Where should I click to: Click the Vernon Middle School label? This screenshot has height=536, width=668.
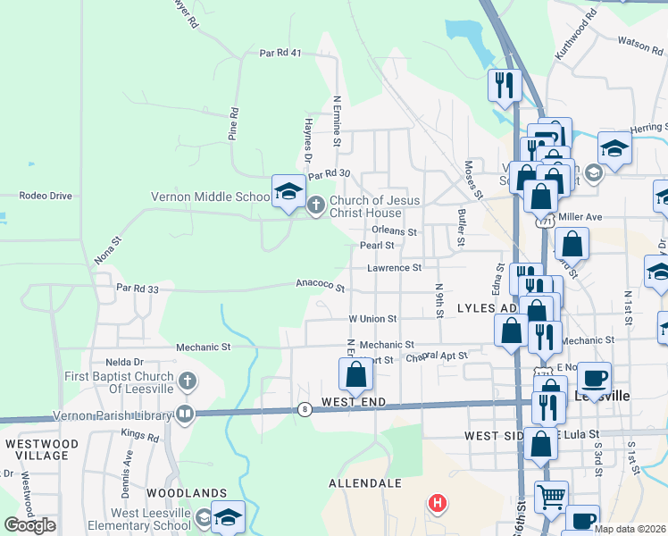(210, 197)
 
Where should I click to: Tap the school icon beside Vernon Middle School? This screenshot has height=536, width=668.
(288, 191)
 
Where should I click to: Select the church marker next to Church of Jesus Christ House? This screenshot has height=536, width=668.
(315, 206)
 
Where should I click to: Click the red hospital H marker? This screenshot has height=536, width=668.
(437, 503)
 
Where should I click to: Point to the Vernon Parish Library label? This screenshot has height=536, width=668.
(118, 413)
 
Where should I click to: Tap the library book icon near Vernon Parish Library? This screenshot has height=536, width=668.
(184, 413)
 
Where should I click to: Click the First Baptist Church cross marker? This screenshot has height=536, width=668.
(186, 382)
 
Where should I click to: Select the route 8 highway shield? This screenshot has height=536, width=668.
(305, 409)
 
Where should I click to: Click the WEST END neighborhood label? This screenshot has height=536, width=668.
(355, 403)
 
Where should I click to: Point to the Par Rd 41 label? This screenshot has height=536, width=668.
(280, 54)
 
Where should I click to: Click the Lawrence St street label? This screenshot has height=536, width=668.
(394, 267)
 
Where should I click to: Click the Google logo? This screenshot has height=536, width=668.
(29, 525)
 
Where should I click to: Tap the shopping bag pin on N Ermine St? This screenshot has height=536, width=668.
(355, 375)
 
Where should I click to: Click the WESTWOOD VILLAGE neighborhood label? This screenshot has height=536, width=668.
(37, 448)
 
